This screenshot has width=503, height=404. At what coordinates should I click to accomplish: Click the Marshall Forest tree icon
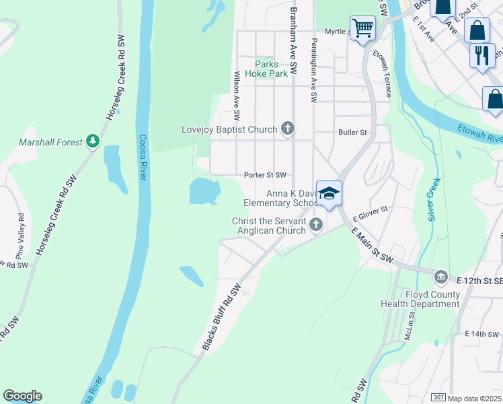pos(93,141)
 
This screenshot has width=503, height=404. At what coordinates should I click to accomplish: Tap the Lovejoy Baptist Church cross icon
pos(288,128)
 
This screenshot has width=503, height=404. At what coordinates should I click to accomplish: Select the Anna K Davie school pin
pos(329,194)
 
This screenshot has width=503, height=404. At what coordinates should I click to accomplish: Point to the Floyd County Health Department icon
pos(440,277)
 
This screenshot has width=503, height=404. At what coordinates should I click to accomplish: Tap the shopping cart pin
pos(362,29)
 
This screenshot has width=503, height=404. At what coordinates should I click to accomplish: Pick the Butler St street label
pos(352,133)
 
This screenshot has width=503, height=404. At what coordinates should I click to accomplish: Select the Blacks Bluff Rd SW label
pos(221,317)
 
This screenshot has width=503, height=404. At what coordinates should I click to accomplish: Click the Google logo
pos(22,396)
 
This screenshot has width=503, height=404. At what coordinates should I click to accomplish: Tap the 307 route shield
pos(438,398)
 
